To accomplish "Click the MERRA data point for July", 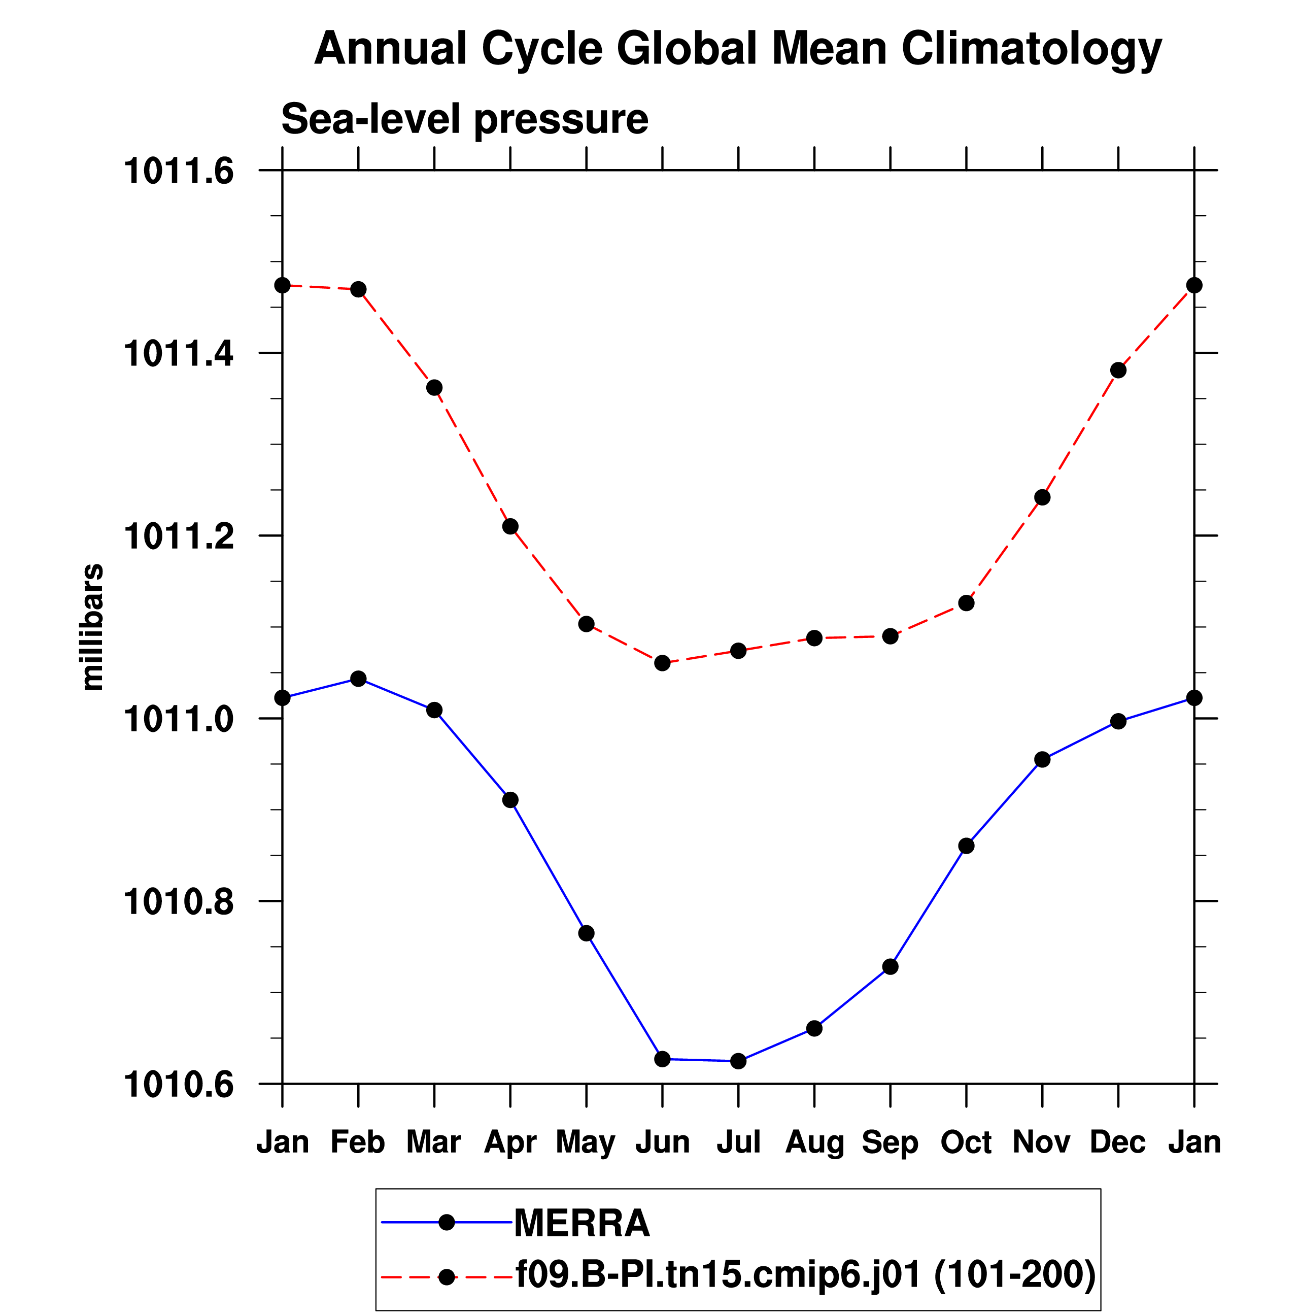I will coord(738,1061).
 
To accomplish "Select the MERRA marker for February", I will coord(358,679).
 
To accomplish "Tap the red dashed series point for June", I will coord(662,662).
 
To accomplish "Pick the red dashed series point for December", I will coord(1118,370).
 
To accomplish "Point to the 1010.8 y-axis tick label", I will coord(178,902).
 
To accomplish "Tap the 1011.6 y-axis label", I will coord(178,171).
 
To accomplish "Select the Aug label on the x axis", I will coord(814,1142).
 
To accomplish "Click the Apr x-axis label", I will coord(510,1142).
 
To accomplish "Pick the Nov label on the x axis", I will coord(1042,1142).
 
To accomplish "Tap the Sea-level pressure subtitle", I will coord(464,119).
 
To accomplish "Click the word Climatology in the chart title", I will coord(1031,49).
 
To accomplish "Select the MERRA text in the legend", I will coord(582,1223).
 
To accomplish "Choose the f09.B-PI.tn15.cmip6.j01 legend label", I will coord(718,1274).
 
